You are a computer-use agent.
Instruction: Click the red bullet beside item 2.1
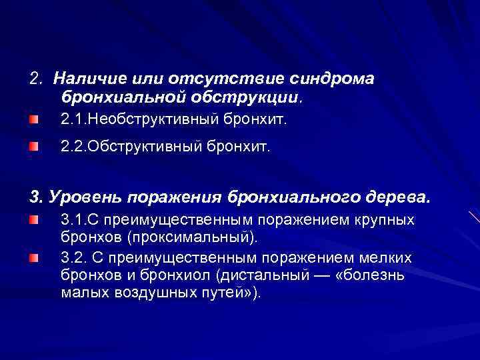[x=34, y=121]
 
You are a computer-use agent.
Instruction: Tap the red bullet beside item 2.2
[x=34, y=147]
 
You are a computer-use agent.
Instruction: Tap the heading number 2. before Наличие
[x=37, y=79]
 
